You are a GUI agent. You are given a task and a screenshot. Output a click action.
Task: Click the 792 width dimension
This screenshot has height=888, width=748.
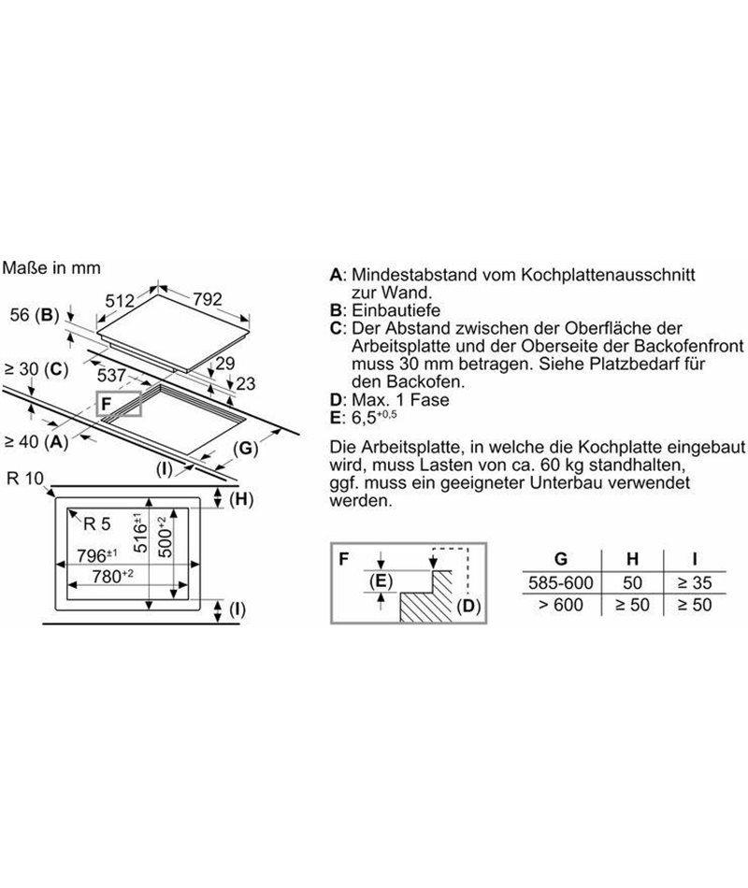pos(208,298)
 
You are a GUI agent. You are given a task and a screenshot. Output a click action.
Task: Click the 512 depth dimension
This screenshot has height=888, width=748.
pos(120,301)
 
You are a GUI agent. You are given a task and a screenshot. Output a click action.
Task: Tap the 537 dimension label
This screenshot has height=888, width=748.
pos(111,376)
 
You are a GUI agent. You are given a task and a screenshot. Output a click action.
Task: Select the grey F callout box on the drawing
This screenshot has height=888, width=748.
pos(119,404)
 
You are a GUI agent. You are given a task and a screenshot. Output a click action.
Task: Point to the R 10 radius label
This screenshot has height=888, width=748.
pos(25,479)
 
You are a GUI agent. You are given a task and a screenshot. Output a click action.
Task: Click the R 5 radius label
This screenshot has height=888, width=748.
pos(97,523)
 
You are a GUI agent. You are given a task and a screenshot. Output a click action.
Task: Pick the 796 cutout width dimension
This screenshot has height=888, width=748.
pos(97,555)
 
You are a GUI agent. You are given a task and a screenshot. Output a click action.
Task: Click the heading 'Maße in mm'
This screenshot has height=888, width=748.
pos(51,268)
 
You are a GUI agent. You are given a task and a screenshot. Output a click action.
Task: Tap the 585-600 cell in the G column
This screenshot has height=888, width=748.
pos(560,582)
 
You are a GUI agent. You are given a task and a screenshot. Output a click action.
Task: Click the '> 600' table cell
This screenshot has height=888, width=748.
pos(560,605)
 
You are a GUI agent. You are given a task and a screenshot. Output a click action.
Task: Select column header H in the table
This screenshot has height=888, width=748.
pos(632,559)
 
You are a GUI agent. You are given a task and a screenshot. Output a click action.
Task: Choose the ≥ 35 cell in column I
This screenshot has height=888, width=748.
pos(695,582)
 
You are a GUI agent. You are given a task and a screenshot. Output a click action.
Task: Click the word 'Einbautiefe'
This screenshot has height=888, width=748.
pos(396,310)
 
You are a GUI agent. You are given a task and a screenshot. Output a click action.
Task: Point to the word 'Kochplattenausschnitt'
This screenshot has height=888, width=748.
pos(608,275)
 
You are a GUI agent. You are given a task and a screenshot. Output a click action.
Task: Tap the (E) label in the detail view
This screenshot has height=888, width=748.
pos(381,581)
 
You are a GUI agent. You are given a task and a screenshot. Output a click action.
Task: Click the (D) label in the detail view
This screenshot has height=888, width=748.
pos(468,607)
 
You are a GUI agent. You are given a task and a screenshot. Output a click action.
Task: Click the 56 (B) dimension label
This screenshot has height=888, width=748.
pos(35,315)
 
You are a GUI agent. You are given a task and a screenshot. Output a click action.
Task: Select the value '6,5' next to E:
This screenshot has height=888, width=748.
pos(364,419)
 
